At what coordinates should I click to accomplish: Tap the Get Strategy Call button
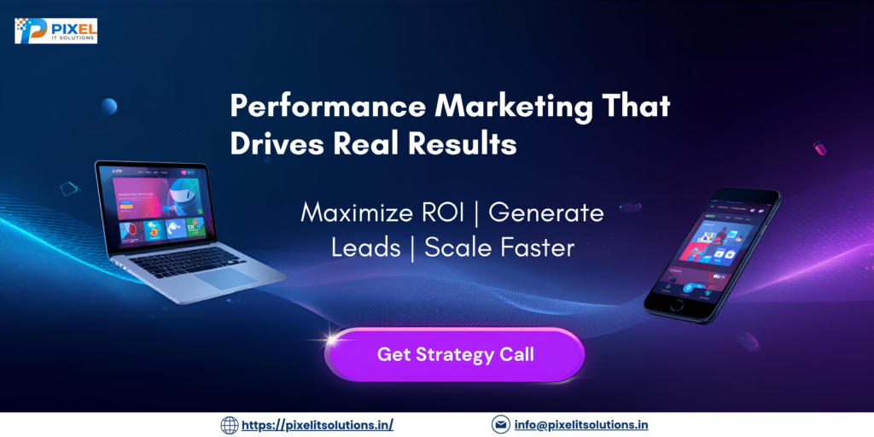(455, 354)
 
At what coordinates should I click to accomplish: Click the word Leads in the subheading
(364, 248)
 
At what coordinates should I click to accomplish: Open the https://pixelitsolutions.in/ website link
(318, 424)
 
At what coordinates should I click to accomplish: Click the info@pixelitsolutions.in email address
(580, 424)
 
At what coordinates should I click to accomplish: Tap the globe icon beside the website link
(230, 424)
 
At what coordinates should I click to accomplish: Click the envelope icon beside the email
(501, 424)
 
